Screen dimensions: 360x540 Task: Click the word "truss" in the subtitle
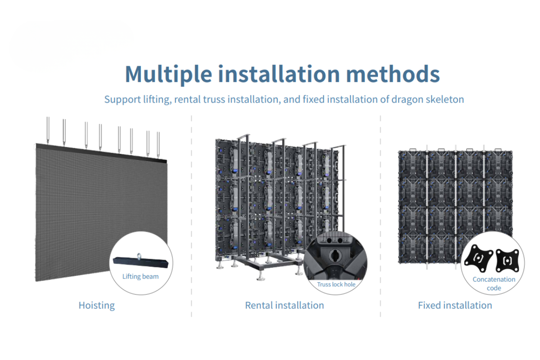click(213, 99)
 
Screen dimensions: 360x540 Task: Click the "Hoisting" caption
click(97, 305)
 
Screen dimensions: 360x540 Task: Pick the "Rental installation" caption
click(284, 305)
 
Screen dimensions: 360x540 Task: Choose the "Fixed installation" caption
click(455, 305)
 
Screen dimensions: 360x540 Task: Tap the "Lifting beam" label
click(140, 276)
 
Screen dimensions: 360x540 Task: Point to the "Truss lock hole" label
click(336, 284)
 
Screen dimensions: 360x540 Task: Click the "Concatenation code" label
click(494, 283)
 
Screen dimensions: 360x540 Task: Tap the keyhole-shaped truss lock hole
click(335, 255)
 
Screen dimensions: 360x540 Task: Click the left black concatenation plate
click(479, 259)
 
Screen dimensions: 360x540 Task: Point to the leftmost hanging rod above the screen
click(48, 130)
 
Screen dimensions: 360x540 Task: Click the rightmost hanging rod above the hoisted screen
click(158, 144)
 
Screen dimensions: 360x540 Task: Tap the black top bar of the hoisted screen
click(101, 153)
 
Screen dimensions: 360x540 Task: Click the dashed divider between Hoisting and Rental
click(191, 216)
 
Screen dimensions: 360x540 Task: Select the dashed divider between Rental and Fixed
click(380, 216)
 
